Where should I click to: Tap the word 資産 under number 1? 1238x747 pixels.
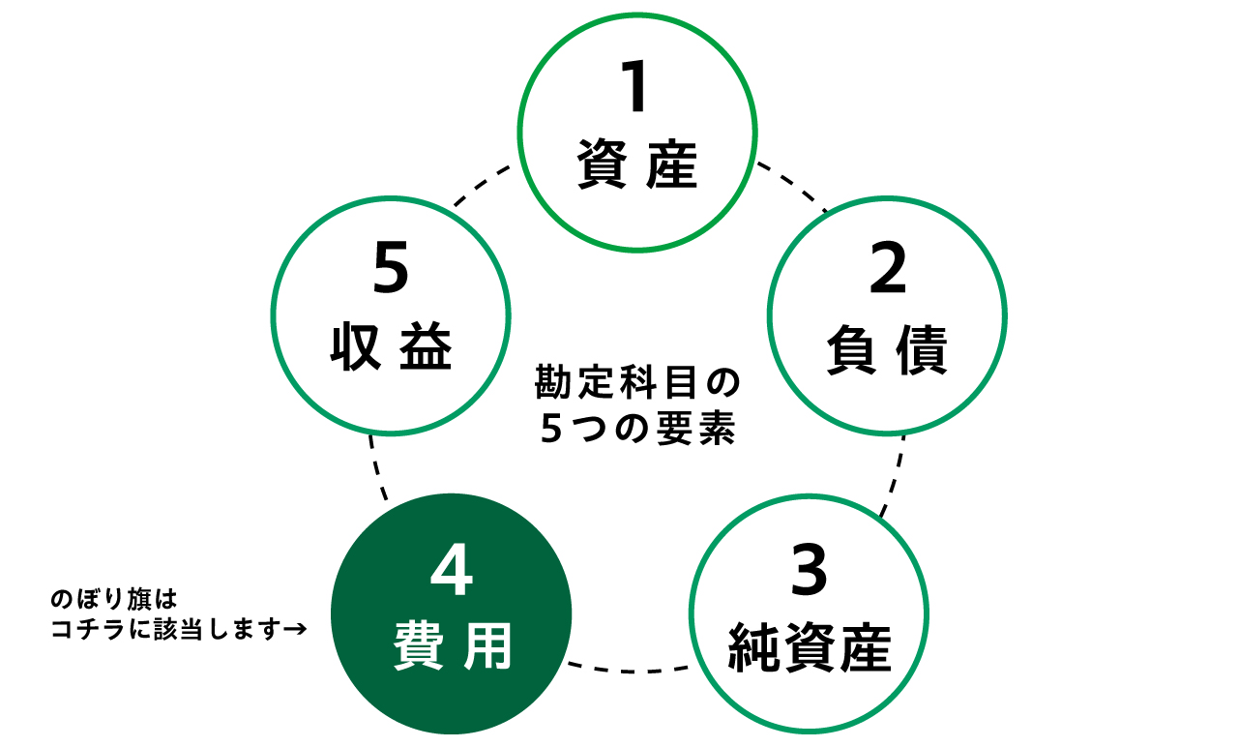point(636,165)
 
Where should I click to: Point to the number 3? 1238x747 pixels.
point(809,572)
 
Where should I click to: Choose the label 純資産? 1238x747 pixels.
point(809,649)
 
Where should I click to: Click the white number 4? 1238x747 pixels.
point(451,572)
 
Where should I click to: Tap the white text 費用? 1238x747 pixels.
point(452,647)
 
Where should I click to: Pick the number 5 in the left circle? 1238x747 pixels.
point(391,271)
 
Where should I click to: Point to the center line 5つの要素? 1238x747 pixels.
point(637,430)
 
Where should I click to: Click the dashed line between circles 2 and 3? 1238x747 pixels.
point(895,474)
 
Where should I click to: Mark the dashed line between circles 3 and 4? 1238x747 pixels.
point(630,668)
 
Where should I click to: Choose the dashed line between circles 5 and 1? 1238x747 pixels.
point(482,186)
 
